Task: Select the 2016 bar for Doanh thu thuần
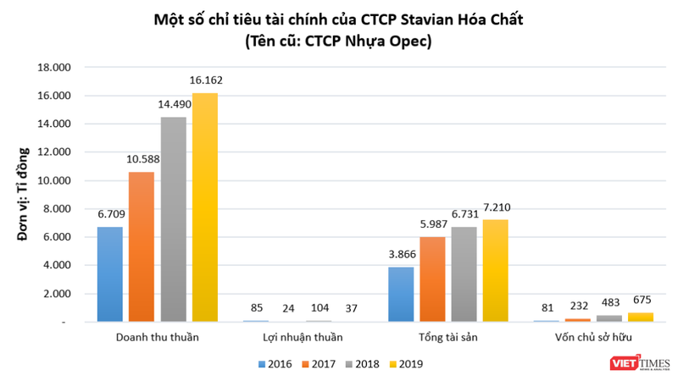pos(110,274)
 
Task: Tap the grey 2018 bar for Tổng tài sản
pos(464,274)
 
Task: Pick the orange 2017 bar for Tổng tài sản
pos(432,279)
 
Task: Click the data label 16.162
pos(205,81)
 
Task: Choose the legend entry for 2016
pos(272,365)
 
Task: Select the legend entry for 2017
pos(314,365)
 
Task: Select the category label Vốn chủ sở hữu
pos(593,339)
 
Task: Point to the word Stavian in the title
pos(450,19)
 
